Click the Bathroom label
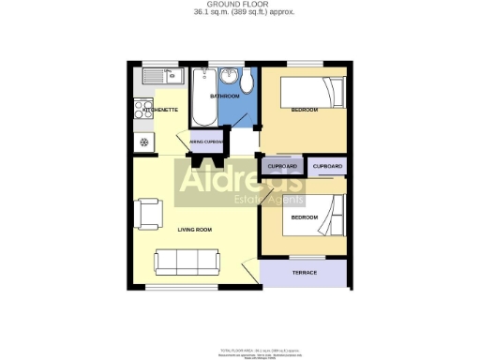click(224, 97)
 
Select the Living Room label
click(194, 230)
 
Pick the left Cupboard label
click(282, 167)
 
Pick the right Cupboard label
click(327, 167)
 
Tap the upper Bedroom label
click(304, 111)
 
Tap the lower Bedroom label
click(304, 217)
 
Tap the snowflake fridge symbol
click(144, 142)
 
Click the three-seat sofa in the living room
click(187, 262)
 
